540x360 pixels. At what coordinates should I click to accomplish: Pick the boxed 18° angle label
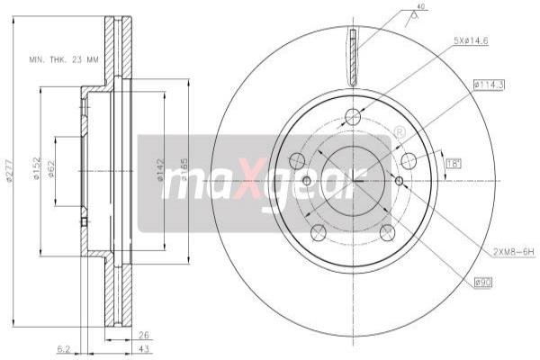click(454, 163)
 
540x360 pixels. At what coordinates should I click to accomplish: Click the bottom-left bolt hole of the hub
click(317, 232)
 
